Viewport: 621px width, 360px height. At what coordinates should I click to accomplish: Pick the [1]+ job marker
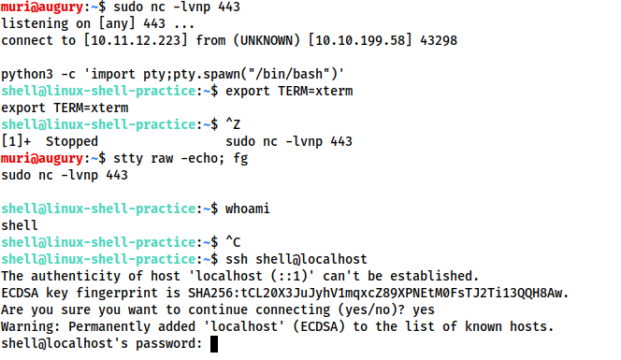click(x=17, y=142)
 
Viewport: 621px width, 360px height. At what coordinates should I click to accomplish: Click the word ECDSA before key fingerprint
click(x=21, y=294)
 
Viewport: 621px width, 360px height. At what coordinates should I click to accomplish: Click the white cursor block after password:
click(x=214, y=344)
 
